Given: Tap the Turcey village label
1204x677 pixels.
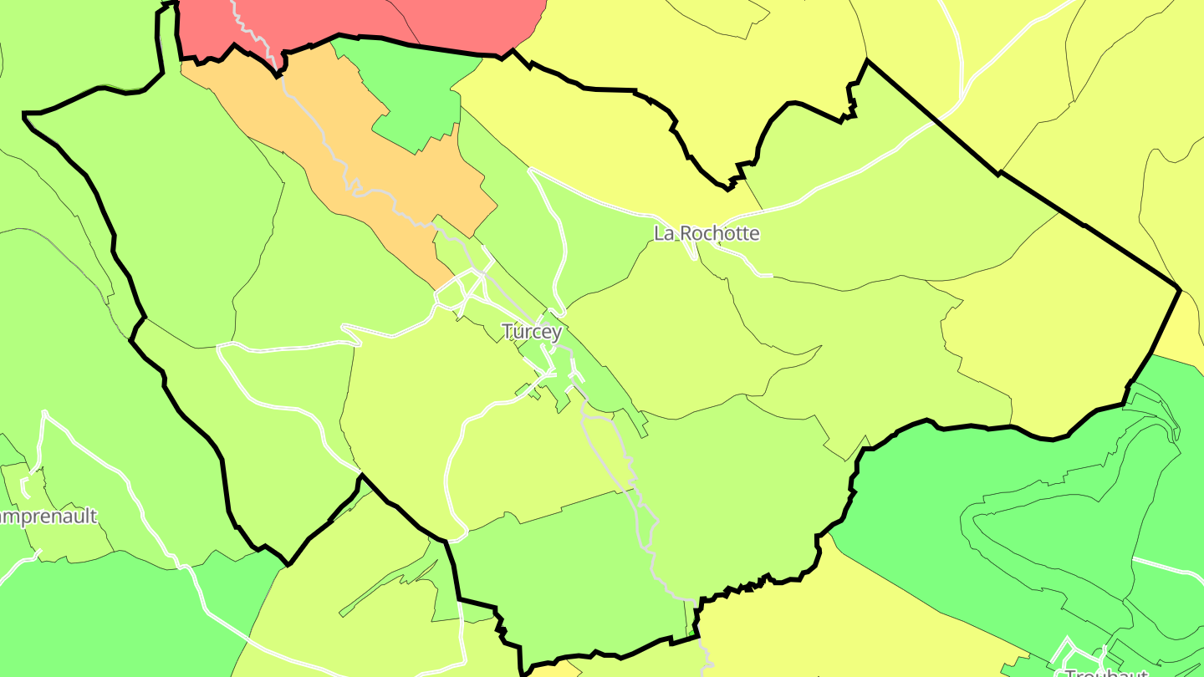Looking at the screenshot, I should (x=532, y=332).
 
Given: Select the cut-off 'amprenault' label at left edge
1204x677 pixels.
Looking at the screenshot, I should (x=48, y=517).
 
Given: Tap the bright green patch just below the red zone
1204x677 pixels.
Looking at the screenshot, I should (x=414, y=92).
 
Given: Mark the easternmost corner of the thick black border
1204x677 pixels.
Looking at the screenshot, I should (x=1179, y=289).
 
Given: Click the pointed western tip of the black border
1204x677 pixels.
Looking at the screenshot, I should (x=25, y=114).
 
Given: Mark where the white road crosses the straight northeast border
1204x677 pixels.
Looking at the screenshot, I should (x=934, y=122).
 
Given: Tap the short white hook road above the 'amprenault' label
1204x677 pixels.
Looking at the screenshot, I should (x=30, y=481).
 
